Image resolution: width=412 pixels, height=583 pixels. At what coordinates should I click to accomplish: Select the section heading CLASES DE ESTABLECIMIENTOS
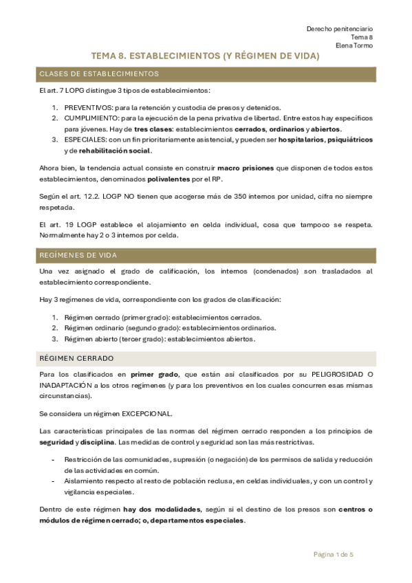pyautogui.click(x=100, y=74)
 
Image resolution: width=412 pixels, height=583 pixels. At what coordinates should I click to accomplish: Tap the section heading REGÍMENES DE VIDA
pyautogui.click(x=78, y=255)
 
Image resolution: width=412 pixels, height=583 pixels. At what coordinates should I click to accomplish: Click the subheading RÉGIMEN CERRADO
pyautogui.click(x=76, y=359)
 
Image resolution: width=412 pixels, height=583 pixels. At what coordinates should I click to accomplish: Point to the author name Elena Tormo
pyautogui.click(x=354, y=46)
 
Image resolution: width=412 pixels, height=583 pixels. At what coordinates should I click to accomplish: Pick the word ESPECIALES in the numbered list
pyautogui.click(x=85, y=140)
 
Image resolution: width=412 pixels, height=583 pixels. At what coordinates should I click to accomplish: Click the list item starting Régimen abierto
pyautogui.click(x=160, y=339)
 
